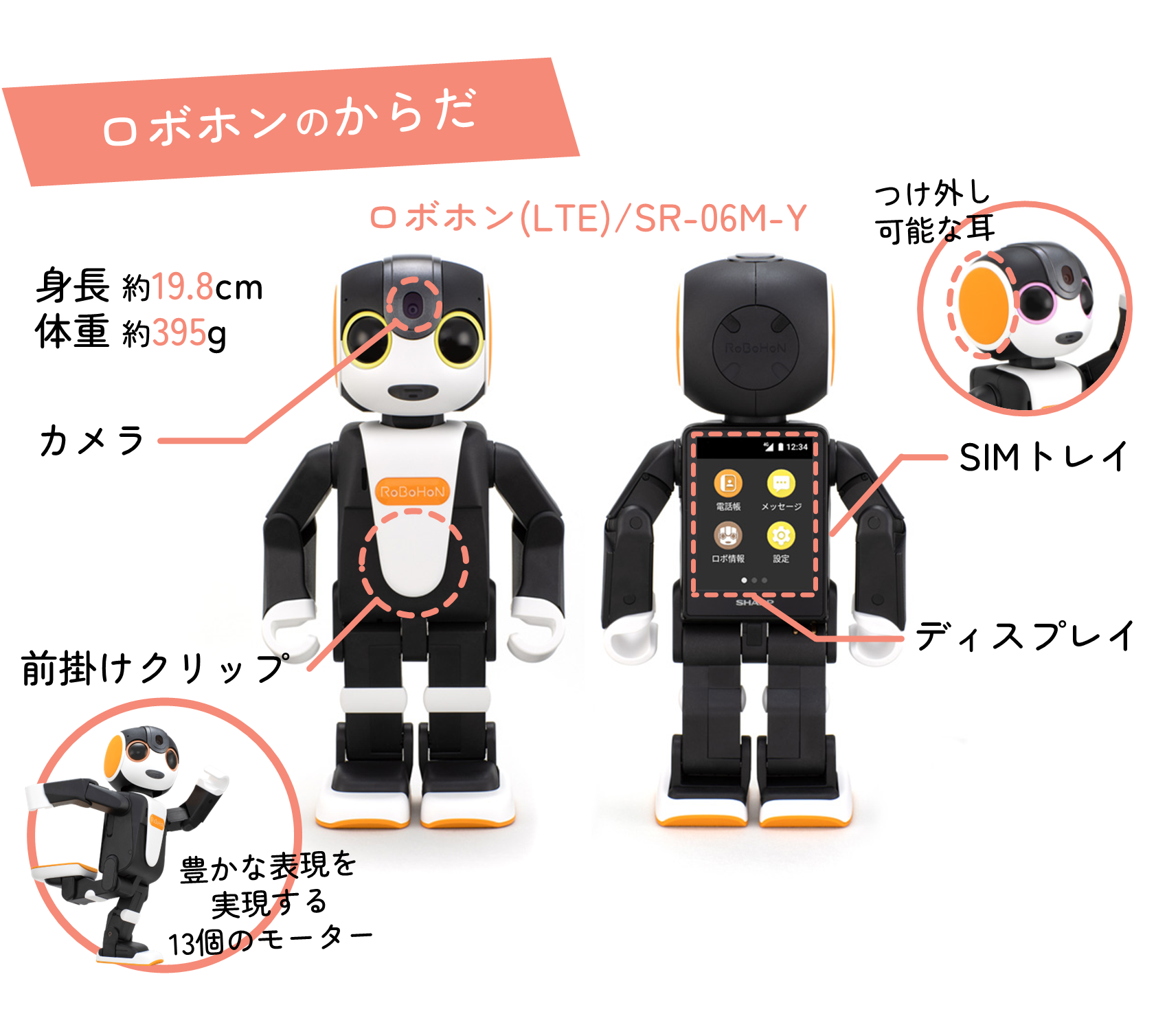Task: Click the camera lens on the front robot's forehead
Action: pyautogui.click(x=413, y=305)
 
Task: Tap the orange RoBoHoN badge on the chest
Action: pyautogui.click(x=413, y=491)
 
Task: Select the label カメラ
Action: pyautogui.click(x=92, y=440)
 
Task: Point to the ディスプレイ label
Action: pyautogui.click(x=1025, y=635)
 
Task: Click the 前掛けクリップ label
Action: pyautogui.click(x=155, y=668)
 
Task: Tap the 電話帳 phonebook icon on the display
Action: pyautogui.click(x=728, y=483)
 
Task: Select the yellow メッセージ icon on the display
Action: pyautogui.click(x=781, y=483)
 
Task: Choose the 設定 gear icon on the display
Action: pyautogui.click(x=781, y=535)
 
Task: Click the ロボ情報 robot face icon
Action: pyautogui.click(x=728, y=535)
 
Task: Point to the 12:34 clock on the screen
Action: pyautogui.click(x=797, y=447)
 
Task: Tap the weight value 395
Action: pyautogui.click(x=179, y=333)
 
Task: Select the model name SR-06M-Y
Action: pyautogui.click(x=721, y=218)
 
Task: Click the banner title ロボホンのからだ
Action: pyautogui.click(x=289, y=119)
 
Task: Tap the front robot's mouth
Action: pyautogui.click(x=413, y=392)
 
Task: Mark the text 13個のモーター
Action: pyautogui.click(x=271, y=940)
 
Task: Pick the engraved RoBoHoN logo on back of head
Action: pyautogui.click(x=756, y=348)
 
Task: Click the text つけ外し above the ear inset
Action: pyautogui.click(x=932, y=194)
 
